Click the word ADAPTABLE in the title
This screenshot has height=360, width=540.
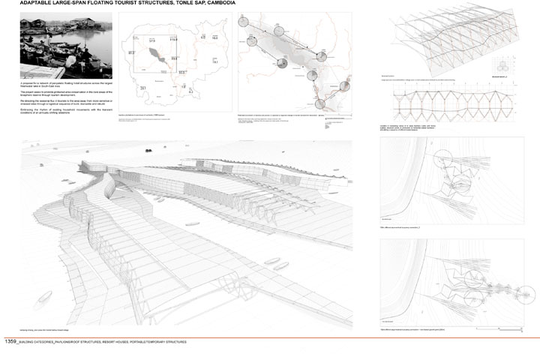point(40,4)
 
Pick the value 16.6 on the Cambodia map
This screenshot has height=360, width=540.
point(214,36)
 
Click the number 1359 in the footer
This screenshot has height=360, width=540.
point(10,341)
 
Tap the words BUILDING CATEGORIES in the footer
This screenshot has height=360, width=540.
point(42,342)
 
